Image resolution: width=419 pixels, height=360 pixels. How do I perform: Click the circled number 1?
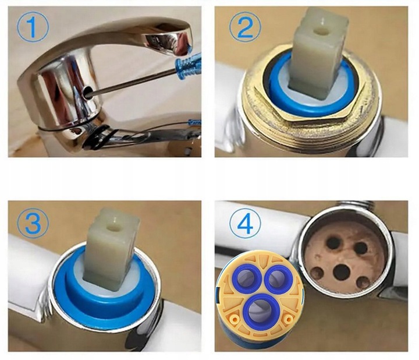[x=33, y=26]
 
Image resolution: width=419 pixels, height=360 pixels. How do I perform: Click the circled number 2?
[x=245, y=26]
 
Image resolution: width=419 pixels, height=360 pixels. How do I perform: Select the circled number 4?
[x=245, y=224]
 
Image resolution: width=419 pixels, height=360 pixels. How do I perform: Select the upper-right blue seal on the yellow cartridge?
[x=276, y=278]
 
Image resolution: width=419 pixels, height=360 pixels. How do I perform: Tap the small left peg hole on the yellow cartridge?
[x=236, y=319]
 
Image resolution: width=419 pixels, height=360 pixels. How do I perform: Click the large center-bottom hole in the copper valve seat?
[x=342, y=273]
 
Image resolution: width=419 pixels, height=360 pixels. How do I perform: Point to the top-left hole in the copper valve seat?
[x=333, y=242]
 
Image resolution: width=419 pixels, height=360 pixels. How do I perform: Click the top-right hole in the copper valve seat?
[x=360, y=248]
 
